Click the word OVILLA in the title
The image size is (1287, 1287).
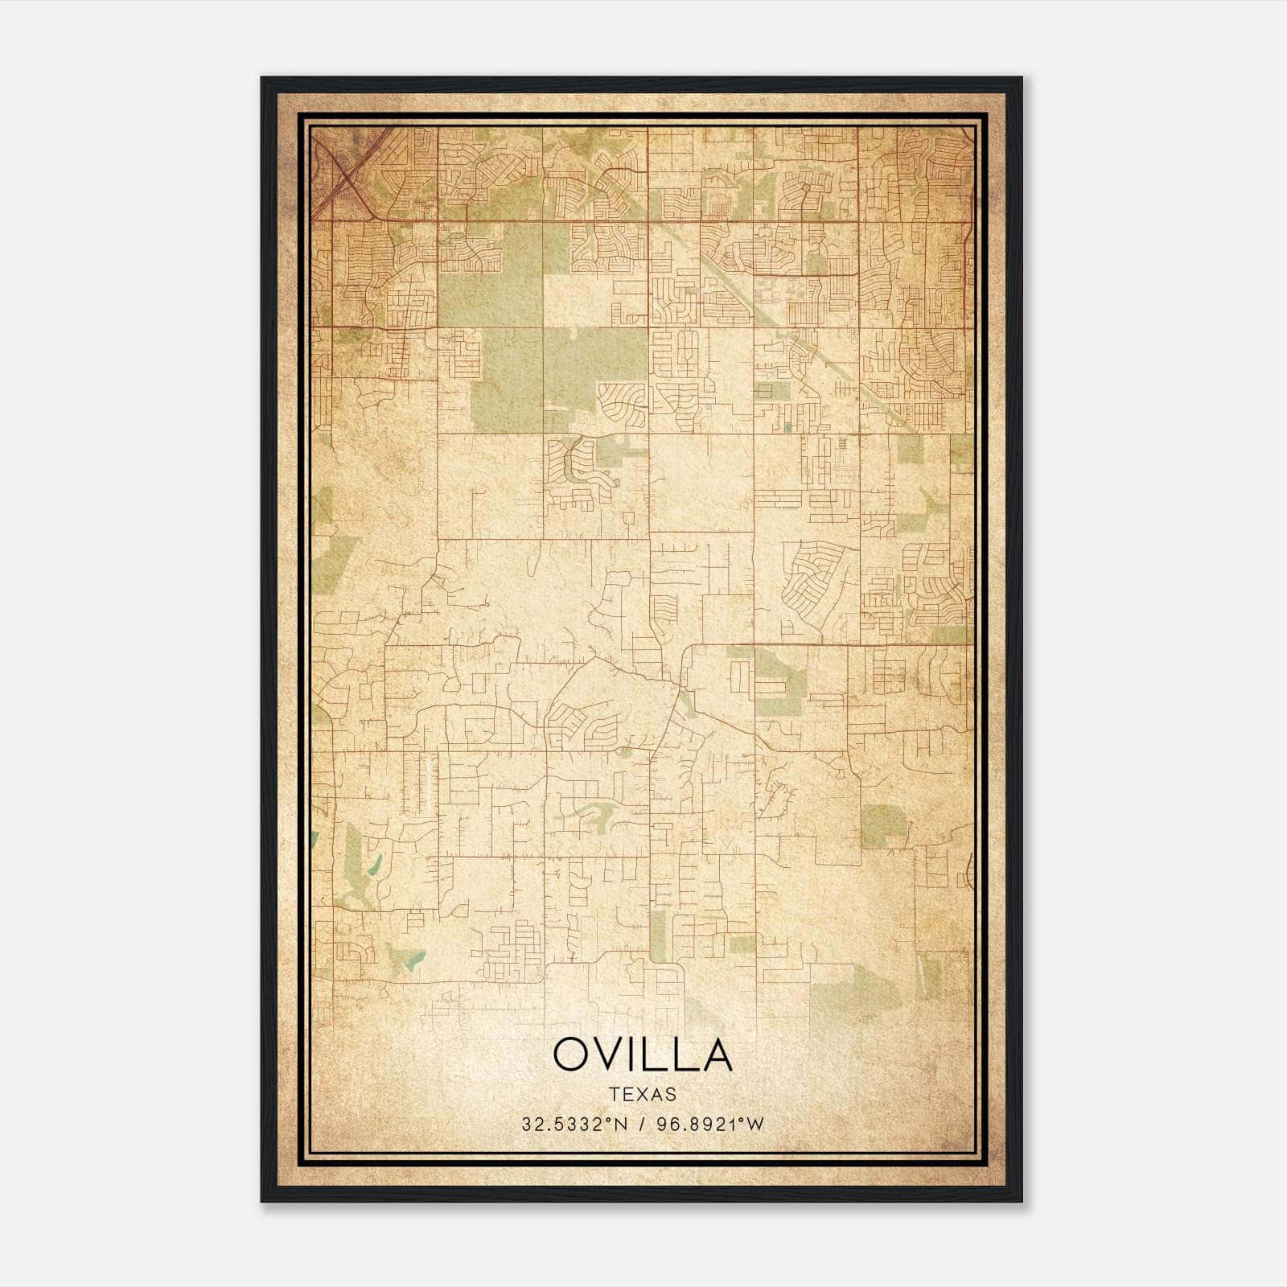[643, 1055]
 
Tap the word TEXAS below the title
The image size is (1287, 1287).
[643, 1094]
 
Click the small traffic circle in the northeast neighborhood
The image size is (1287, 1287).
[805, 187]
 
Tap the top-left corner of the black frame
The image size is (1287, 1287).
[263, 79]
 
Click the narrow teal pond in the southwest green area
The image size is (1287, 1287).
[373, 865]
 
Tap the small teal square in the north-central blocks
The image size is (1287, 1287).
[787, 427]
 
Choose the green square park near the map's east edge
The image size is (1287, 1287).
[883, 825]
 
